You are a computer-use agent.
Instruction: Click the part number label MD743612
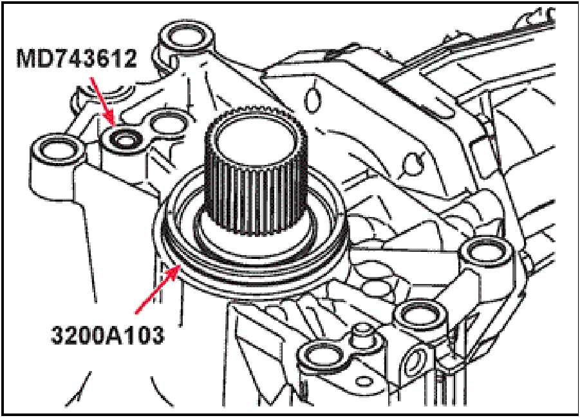[77, 59]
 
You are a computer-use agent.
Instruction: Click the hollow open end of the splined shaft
[255, 137]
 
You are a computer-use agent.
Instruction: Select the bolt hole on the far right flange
[483, 254]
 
